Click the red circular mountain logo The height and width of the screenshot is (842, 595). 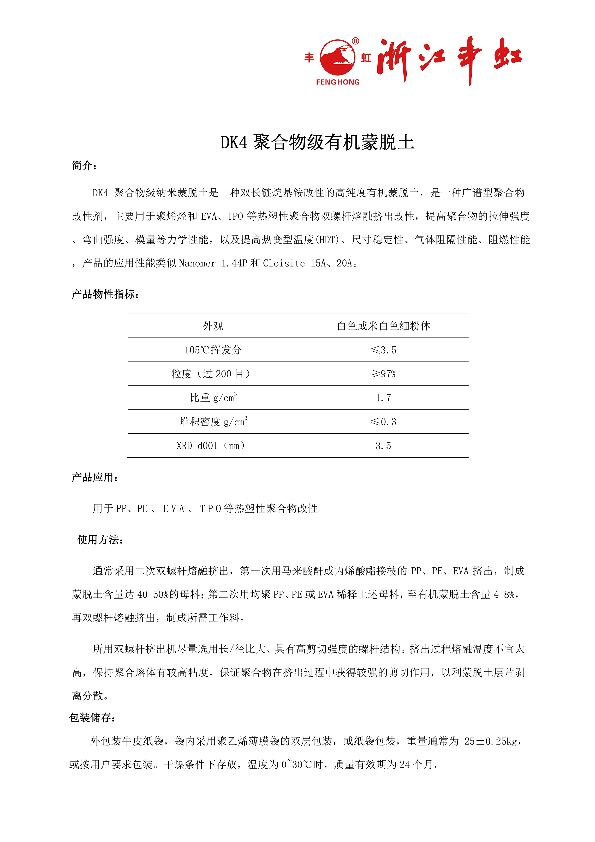pyautogui.click(x=337, y=58)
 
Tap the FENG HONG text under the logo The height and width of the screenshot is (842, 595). pyautogui.click(x=338, y=82)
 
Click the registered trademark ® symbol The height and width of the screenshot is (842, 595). pyautogui.click(x=355, y=41)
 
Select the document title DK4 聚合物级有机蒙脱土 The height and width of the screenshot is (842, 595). pyautogui.click(x=317, y=142)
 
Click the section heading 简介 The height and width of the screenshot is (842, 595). pyautogui.click(x=84, y=166)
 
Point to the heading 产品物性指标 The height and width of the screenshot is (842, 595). pyautogui.click(x=105, y=294)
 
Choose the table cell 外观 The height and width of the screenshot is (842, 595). pyautogui.click(x=213, y=326)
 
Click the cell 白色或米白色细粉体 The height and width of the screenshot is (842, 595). pyautogui.click(x=383, y=326)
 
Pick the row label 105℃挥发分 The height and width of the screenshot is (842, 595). pyautogui.click(x=213, y=350)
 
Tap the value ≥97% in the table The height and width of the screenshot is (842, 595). pyautogui.click(x=383, y=374)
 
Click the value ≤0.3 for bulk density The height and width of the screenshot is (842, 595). pyautogui.click(x=383, y=422)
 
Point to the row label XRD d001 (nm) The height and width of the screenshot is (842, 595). pyautogui.click(x=211, y=445)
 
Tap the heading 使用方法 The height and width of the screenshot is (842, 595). pyautogui.click(x=100, y=540)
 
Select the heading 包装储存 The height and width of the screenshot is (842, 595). pyautogui.click(x=92, y=718)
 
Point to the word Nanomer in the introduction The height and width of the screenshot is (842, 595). pyautogui.click(x=197, y=263)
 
